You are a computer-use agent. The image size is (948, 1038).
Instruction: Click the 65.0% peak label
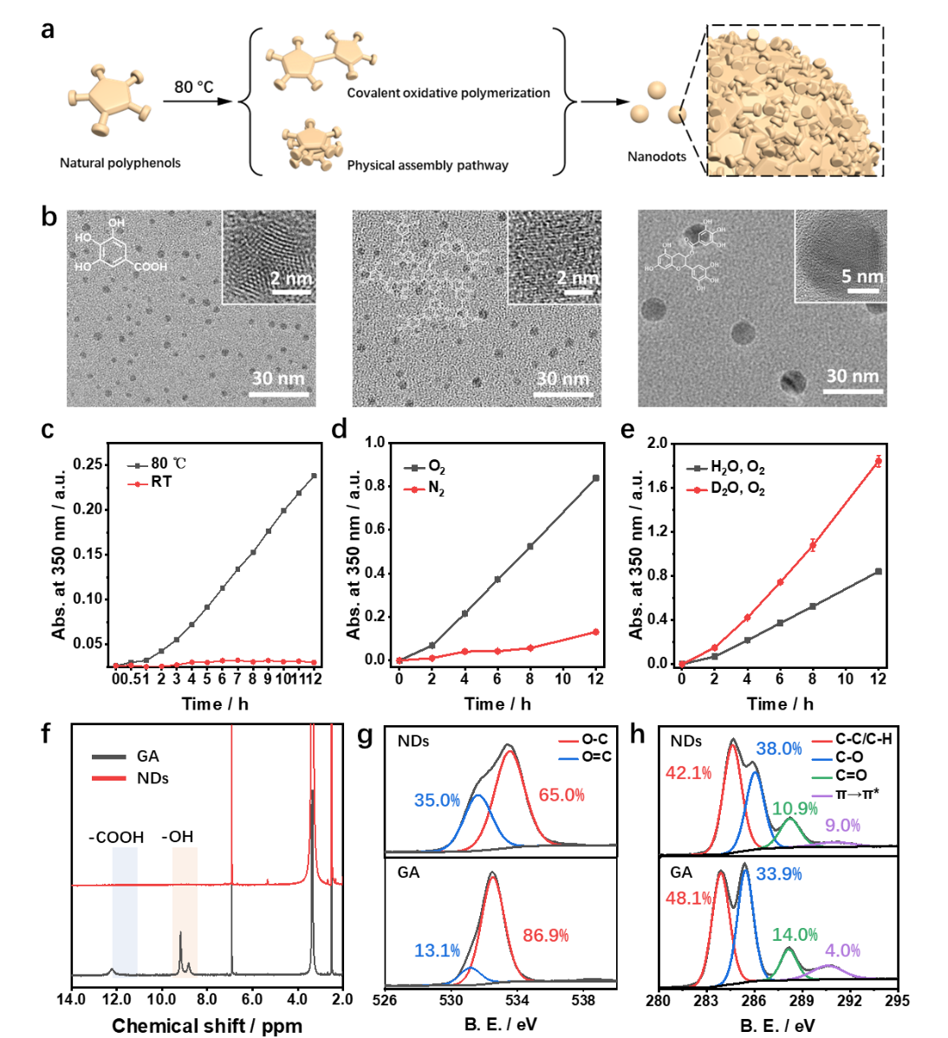click(562, 795)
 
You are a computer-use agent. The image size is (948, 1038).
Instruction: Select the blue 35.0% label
click(437, 800)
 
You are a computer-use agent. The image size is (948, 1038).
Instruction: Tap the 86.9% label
click(546, 935)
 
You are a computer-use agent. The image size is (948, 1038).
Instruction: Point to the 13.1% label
click(437, 950)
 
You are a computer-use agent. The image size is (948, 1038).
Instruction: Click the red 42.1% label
click(688, 773)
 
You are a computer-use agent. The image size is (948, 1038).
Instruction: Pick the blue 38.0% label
click(778, 749)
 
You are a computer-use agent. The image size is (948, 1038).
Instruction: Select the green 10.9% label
click(795, 808)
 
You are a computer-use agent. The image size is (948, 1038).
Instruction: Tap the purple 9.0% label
click(842, 826)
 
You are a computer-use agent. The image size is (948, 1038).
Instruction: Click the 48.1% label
click(688, 899)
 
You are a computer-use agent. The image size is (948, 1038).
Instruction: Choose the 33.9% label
click(778, 873)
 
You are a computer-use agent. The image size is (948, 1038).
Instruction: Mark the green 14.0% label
click(795, 934)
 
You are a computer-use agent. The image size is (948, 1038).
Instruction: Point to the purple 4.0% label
click(842, 950)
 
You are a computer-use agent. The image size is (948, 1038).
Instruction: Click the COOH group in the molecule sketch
click(151, 267)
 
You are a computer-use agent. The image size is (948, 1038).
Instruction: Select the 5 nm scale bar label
click(862, 276)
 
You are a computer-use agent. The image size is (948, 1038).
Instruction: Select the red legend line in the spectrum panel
click(109, 778)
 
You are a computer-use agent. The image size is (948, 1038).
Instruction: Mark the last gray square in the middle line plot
click(596, 477)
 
